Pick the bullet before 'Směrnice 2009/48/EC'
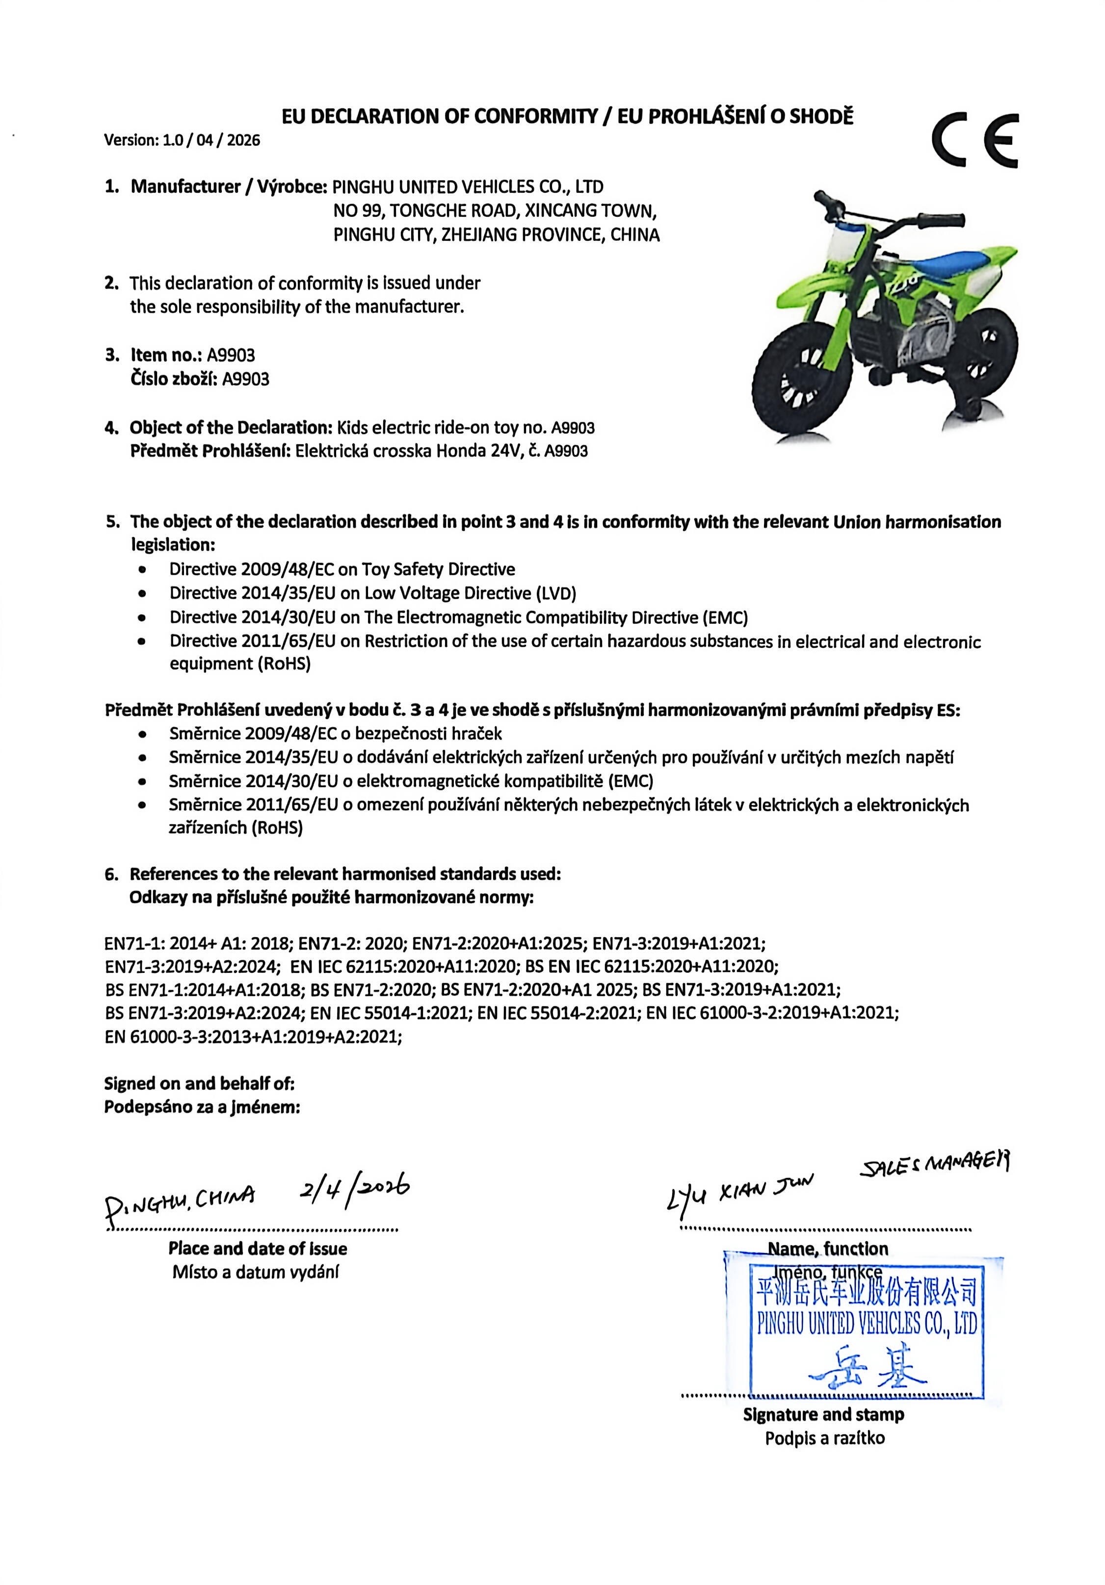point(142,734)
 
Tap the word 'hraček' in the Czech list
point(478,734)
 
